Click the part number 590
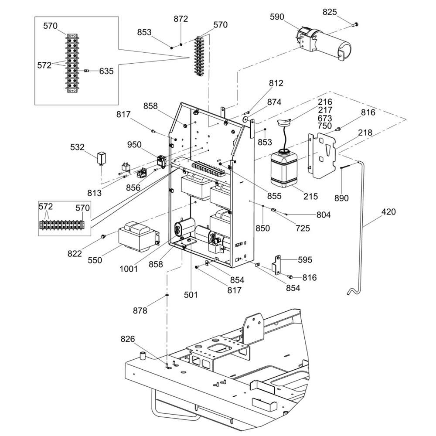[x=277, y=17]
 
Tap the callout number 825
[x=330, y=12]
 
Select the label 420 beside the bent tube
[x=388, y=212]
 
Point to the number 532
[x=77, y=147]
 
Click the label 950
[x=134, y=144]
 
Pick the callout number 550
[x=95, y=260]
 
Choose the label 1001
[x=129, y=269]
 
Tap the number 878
[x=140, y=310]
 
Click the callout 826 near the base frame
[x=128, y=339]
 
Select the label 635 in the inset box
[x=106, y=71]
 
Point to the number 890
[x=341, y=198]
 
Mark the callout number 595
[x=305, y=260]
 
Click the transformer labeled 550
[x=136, y=237]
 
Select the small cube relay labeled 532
[x=102, y=158]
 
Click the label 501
[x=191, y=295]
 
